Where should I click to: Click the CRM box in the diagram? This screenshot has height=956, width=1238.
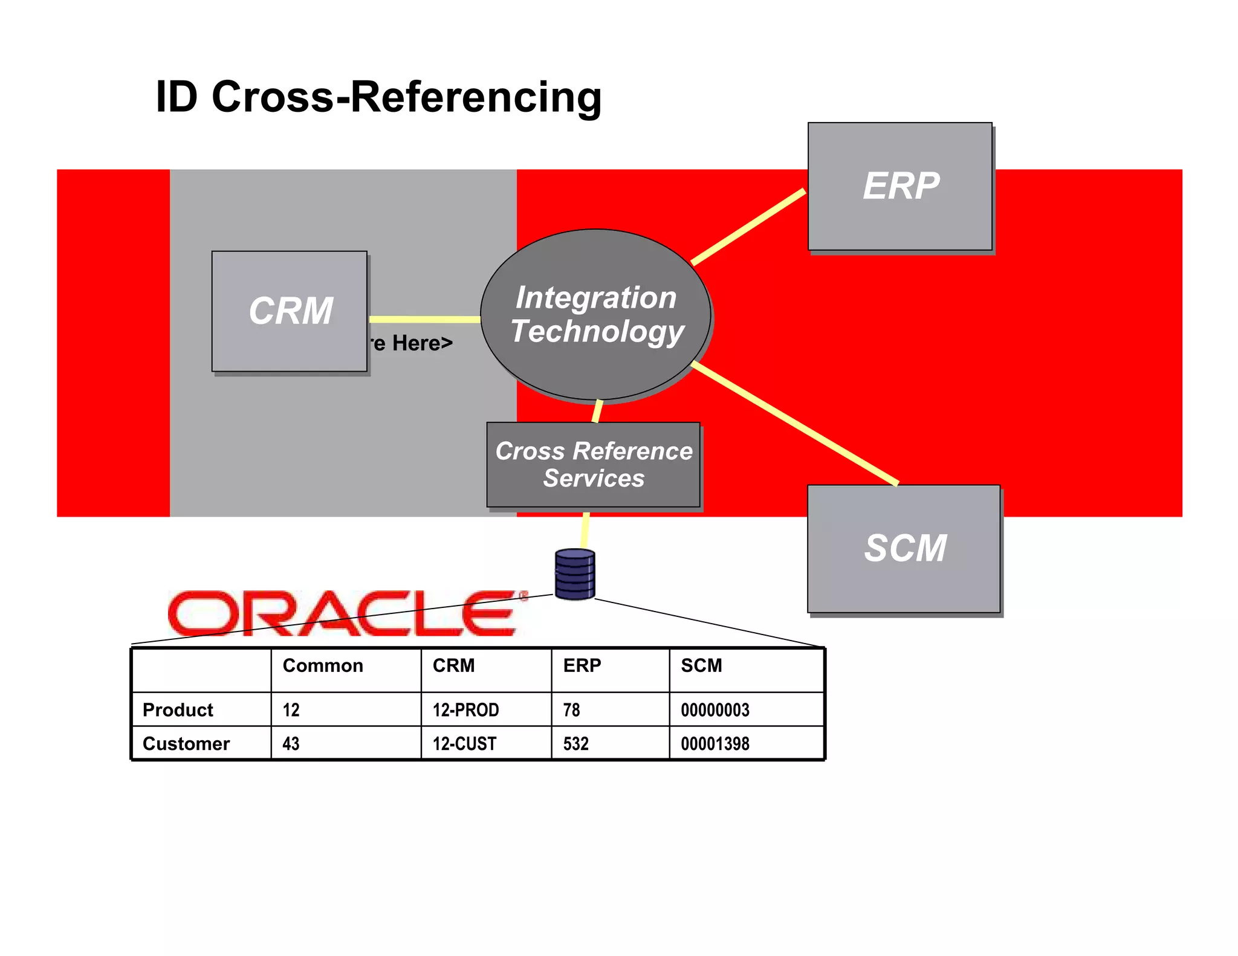pyautogui.click(x=290, y=311)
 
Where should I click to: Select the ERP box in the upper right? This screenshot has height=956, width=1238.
pyautogui.click(x=900, y=186)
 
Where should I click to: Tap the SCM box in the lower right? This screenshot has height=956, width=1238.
pyautogui.click(x=904, y=548)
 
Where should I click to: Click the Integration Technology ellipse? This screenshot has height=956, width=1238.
pyautogui.click(x=595, y=314)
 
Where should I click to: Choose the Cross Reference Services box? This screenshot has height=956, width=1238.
pyautogui.click(x=594, y=464)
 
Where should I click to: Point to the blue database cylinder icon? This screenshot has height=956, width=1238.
pyautogui.click(x=575, y=574)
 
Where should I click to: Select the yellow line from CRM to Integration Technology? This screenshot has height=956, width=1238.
pyautogui.click(x=424, y=319)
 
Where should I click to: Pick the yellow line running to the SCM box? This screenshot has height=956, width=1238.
pyautogui.click(x=795, y=423)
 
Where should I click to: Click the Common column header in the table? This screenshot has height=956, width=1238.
pyautogui.click(x=323, y=665)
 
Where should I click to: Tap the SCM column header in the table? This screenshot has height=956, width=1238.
pyautogui.click(x=701, y=665)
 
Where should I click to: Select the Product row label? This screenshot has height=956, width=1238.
pyautogui.click(x=178, y=709)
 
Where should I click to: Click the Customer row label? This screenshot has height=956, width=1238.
pyautogui.click(x=186, y=743)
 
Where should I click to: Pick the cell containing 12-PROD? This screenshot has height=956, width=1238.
pyautogui.click(x=465, y=709)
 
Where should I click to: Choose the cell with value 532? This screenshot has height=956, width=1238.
pyautogui.click(x=575, y=743)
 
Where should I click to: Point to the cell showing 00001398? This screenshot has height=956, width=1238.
pyautogui.click(x=715, y=743)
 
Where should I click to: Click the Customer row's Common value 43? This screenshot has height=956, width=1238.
pyautogui.click(x=291, y=743)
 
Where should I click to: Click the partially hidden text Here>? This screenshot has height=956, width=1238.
pyautogui.click(x=421, y=343)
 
